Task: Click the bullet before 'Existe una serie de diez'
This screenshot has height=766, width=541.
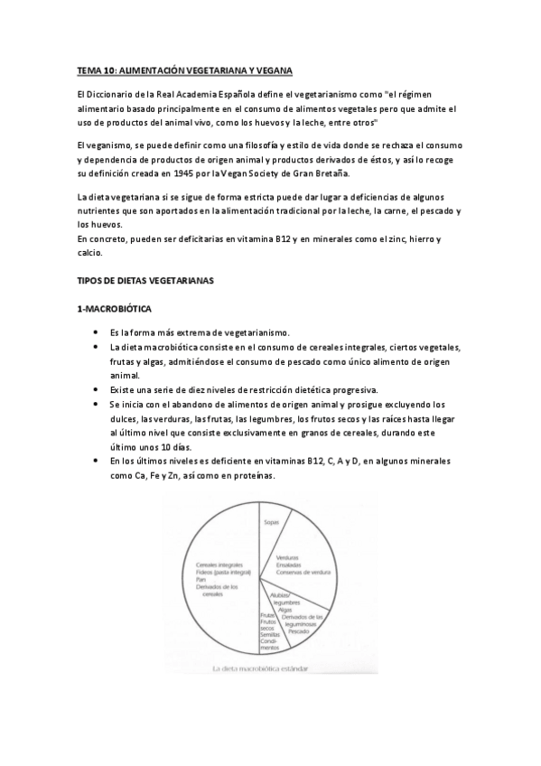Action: pyautogui.click(x=97, y=389)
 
